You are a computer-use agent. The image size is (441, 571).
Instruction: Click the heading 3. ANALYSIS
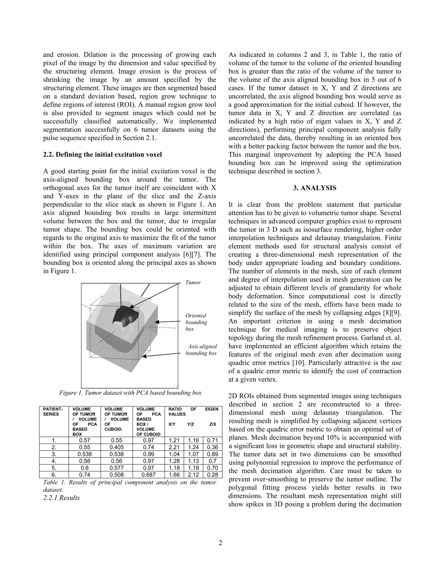click(315, 188)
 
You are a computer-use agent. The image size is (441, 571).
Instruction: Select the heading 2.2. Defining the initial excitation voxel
click(102, 154)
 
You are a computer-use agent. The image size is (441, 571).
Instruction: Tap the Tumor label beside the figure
click(193, 282)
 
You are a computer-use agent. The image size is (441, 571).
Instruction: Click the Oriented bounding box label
click(196, 322)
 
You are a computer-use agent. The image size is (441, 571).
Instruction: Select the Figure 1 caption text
click(130, 393)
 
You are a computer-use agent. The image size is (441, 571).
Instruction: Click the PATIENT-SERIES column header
click(53, 412)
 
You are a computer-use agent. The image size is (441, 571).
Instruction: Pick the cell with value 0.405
click(116, 447)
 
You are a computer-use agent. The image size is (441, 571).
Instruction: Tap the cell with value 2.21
click(174, 447)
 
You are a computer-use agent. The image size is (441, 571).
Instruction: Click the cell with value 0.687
click(148, 474)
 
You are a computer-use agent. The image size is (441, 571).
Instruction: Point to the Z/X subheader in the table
click(213, 424)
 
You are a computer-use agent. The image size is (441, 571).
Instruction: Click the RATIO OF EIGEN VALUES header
click(193, 412)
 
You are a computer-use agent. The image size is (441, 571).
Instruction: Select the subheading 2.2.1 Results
click(61, 498)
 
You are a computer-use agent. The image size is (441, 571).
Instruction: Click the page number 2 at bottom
click(220, 543)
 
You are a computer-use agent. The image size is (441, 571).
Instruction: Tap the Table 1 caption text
click(130, 485)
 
